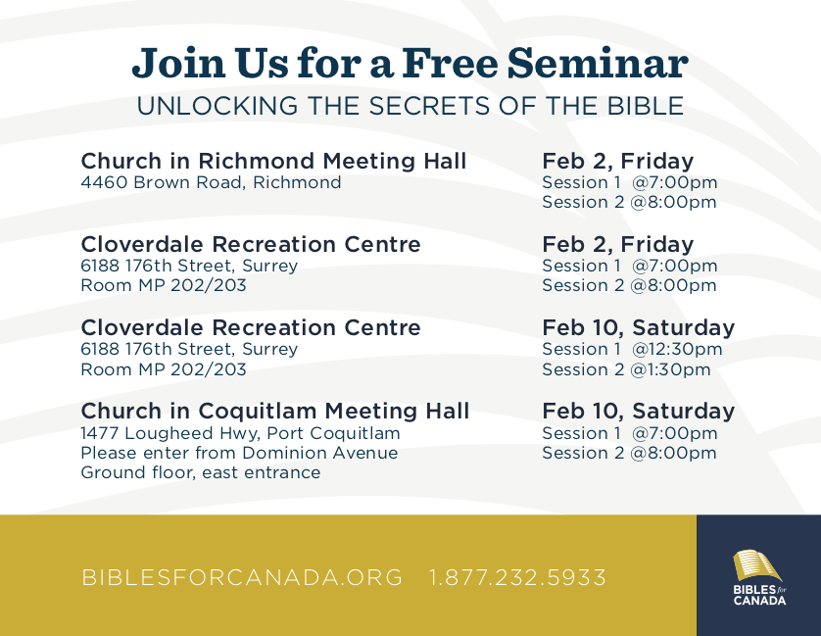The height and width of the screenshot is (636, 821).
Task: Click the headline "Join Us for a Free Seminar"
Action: [410, 64]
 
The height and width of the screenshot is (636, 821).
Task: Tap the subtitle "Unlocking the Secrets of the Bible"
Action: [410, 106]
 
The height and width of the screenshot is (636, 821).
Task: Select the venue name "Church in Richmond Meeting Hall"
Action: [273, 161]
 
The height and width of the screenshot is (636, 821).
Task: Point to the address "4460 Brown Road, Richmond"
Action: [211, 182]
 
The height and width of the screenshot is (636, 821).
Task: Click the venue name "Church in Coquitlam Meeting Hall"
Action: [275, 411]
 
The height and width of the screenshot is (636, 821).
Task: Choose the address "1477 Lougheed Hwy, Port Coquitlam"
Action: [240, 433]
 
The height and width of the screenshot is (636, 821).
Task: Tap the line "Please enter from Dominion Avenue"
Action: [239, 453]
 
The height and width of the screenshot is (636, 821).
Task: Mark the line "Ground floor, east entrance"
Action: [201, 472]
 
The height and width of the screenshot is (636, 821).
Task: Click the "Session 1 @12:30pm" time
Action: [632, 349]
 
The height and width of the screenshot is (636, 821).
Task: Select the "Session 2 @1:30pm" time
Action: [626, 369]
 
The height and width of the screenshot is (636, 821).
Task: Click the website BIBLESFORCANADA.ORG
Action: [242, 577]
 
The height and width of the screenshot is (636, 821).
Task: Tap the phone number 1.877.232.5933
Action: [517, 577]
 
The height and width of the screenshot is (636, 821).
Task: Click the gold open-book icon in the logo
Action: [756, 565]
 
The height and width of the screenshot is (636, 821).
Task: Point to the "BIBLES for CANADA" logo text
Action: [759, 595]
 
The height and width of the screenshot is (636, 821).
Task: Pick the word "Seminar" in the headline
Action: [598, 64]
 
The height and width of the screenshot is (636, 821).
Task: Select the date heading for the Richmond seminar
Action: [618, 161]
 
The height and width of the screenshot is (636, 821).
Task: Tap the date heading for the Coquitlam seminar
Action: [638, 412]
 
